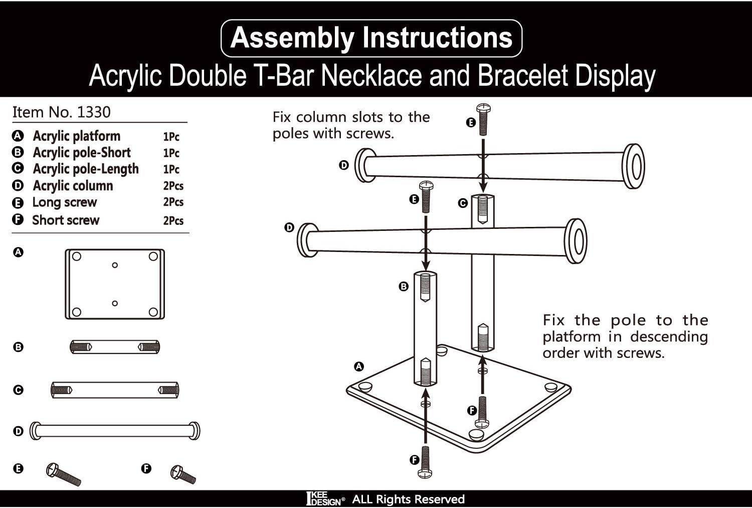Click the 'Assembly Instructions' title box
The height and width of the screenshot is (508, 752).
371,38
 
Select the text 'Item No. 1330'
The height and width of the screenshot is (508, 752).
61,112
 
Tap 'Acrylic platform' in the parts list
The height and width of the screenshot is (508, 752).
77,136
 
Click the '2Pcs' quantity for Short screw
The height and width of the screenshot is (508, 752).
173,220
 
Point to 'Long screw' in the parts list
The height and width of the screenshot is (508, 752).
65,202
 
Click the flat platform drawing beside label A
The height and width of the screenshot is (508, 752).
115,284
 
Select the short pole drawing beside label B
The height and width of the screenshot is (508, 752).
115,346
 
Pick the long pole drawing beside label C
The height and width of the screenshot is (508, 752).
115,390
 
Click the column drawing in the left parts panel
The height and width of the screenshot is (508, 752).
115,431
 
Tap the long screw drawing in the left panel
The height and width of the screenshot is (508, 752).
63,474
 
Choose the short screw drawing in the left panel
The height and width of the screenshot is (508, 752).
183,474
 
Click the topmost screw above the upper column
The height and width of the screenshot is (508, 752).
483,119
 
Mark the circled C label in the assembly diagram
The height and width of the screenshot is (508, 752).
463,203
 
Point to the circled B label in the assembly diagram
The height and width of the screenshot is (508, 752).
404,287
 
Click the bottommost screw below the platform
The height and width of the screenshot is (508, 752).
425,461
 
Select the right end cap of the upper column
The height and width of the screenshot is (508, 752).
633,166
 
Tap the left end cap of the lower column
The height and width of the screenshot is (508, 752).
307,240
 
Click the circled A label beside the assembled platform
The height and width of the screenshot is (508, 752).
359,366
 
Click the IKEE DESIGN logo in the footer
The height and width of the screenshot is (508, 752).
325,499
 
